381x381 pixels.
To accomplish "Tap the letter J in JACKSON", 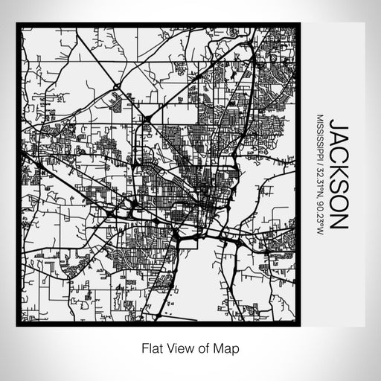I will (x=339, y=122).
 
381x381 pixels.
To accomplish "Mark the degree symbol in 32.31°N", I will (x=320, y=190).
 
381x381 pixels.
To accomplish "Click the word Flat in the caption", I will (x=149, y=348).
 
